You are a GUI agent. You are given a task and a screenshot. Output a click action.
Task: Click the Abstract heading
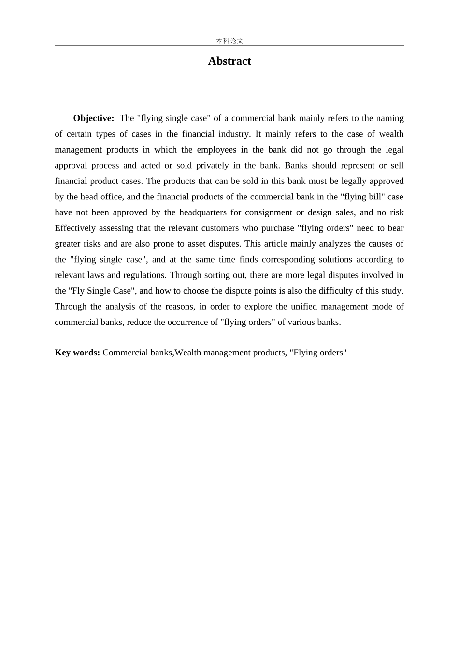click(x=229, y=61)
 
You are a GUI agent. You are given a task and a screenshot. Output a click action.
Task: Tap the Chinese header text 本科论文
click(x=229, y=41)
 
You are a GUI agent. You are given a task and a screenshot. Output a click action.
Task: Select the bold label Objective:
click(x=94, y=118)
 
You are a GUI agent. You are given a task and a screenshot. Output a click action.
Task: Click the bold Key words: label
click(x=77, y=353)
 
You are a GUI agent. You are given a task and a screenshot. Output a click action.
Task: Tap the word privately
click(x=212, y=165)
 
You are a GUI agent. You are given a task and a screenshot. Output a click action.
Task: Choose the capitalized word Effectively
click(x=75, y=228)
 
